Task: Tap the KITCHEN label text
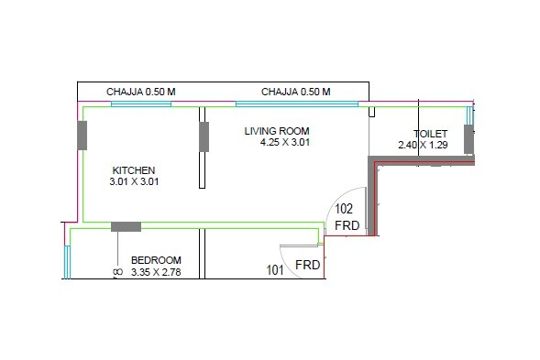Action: (134, 170)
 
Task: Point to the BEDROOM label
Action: (156, 260)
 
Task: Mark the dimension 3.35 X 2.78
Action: (161, 272)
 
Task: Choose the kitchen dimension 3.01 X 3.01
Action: (134, 182)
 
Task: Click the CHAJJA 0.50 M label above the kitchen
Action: (141, 92)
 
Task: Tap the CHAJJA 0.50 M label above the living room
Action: (295, 92)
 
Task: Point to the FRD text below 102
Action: (347, 225)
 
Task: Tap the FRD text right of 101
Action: (307, 266)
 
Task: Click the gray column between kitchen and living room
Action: (204, 136)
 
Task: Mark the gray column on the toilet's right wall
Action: (468, 140)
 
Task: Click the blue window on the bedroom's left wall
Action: (67, 261)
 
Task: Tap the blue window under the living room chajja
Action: (296, 104)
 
